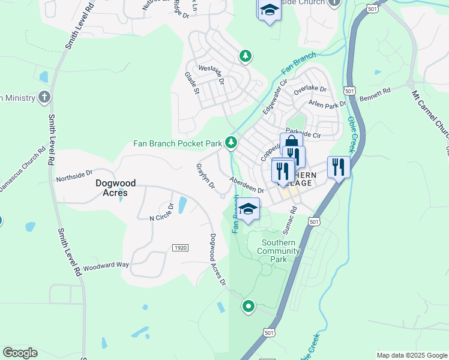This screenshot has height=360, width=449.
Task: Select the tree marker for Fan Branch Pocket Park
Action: pos(231,143)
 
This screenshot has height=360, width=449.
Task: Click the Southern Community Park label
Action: pos(279,251)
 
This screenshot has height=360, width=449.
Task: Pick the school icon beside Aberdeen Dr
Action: pos(247,209)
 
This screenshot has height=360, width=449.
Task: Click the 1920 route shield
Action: pos(179,248)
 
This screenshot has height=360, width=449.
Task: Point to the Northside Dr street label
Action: pos(74,175)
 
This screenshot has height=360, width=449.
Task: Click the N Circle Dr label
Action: pos(162,212)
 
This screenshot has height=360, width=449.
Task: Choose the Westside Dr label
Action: pos(211,77)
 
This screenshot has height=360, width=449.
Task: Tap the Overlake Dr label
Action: pos(309,89)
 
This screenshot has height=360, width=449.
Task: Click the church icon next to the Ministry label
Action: pos(43,97)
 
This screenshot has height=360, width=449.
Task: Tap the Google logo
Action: pos(20,353)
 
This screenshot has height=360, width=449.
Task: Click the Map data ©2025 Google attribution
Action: pos(411,355)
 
